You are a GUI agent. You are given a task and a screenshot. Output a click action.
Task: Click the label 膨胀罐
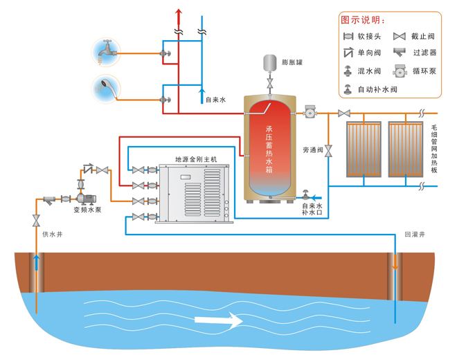coord(293,62)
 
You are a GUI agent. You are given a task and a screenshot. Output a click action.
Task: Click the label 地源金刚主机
coord(197,158)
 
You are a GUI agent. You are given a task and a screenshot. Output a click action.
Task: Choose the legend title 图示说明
coord(363,19)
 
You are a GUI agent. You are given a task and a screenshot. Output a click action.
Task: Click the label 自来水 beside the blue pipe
coord(216,100)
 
